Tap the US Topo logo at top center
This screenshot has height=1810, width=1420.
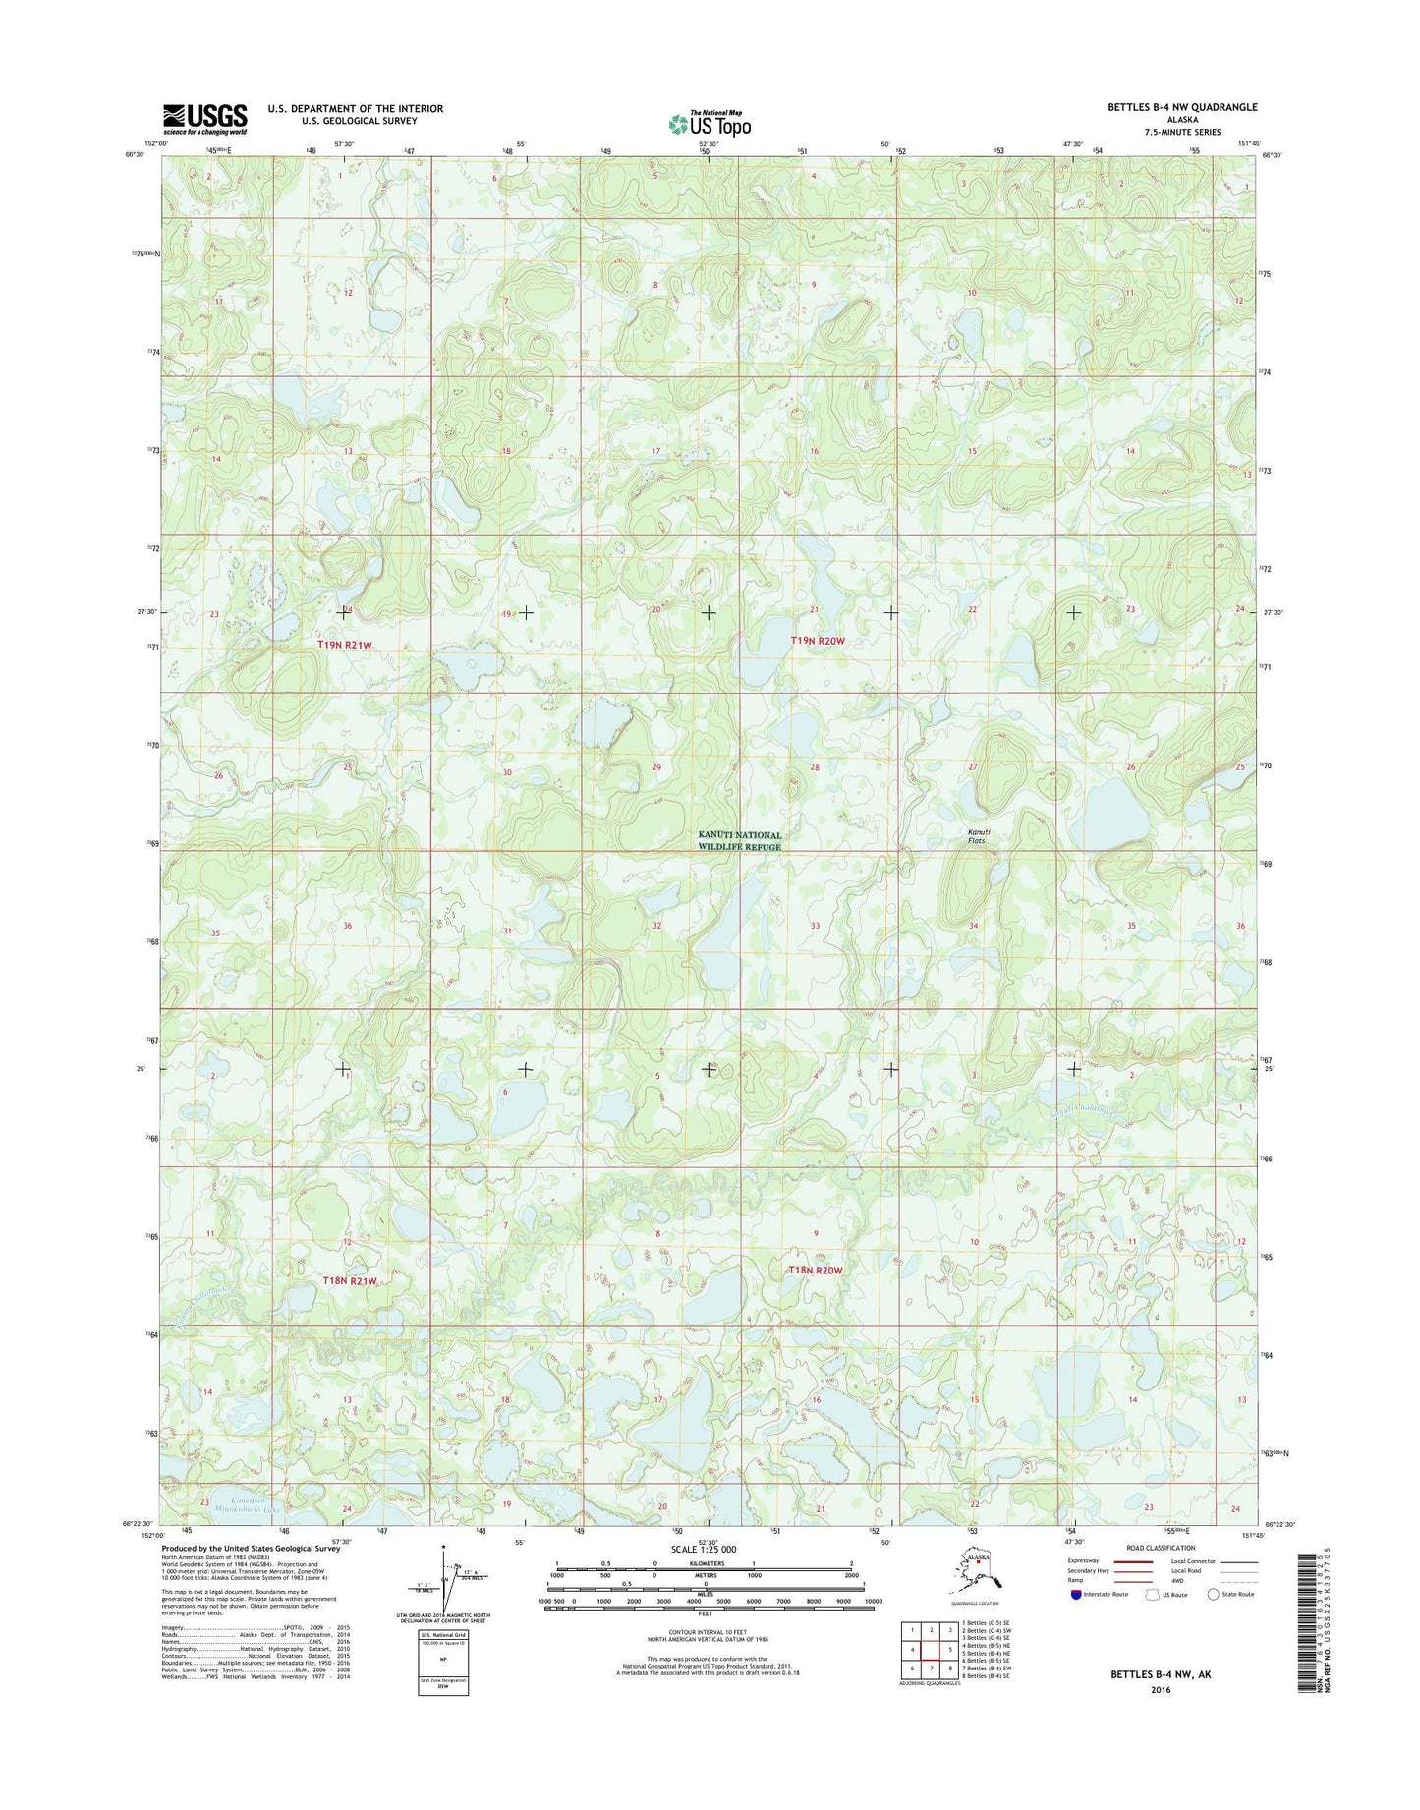tap(710, 124)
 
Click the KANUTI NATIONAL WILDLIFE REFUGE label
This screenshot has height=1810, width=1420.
tap(740, 841)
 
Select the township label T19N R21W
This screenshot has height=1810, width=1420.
tap(345, 645)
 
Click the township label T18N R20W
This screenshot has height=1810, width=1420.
tap(816, 1271)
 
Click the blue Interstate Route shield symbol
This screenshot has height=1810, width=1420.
tap(1078, 1595)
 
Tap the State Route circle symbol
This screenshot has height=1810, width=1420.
tap(1214, 1595)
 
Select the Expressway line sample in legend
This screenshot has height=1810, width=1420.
tap(1132, 1561)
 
